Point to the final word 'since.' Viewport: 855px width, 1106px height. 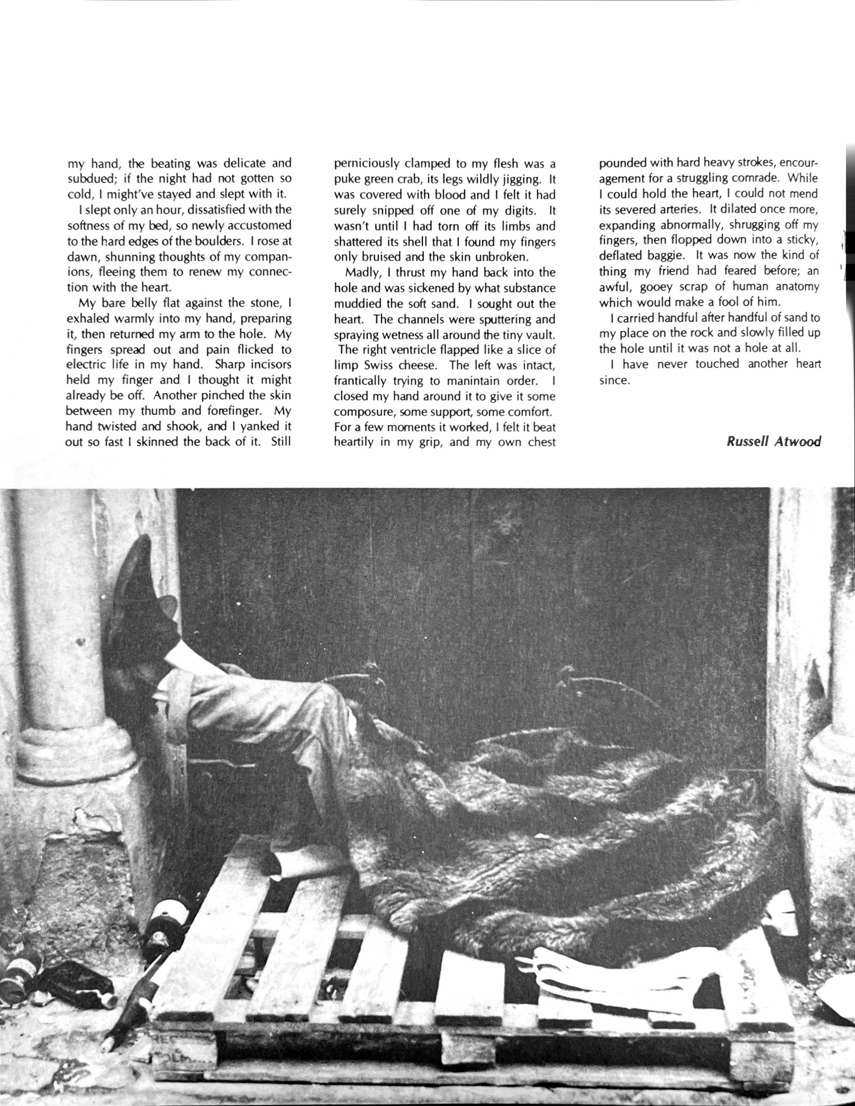pos(614,380)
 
